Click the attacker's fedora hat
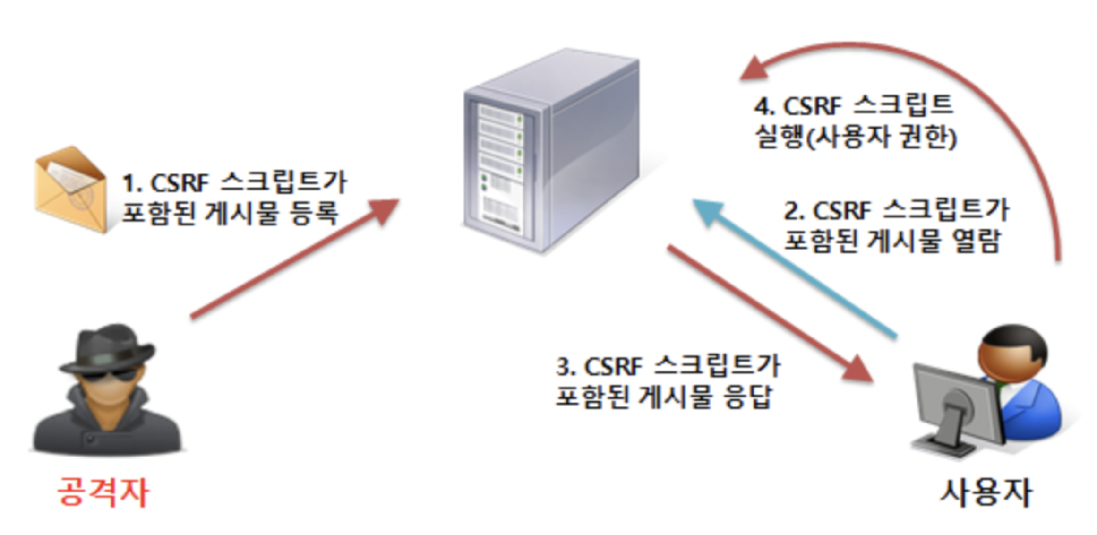tap(108, 347)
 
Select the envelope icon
tap(71, 189)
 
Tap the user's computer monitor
tap(957, 406)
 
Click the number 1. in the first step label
tap(132, 183)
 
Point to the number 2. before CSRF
tap(794, 211)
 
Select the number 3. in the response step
tap(565, 367)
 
